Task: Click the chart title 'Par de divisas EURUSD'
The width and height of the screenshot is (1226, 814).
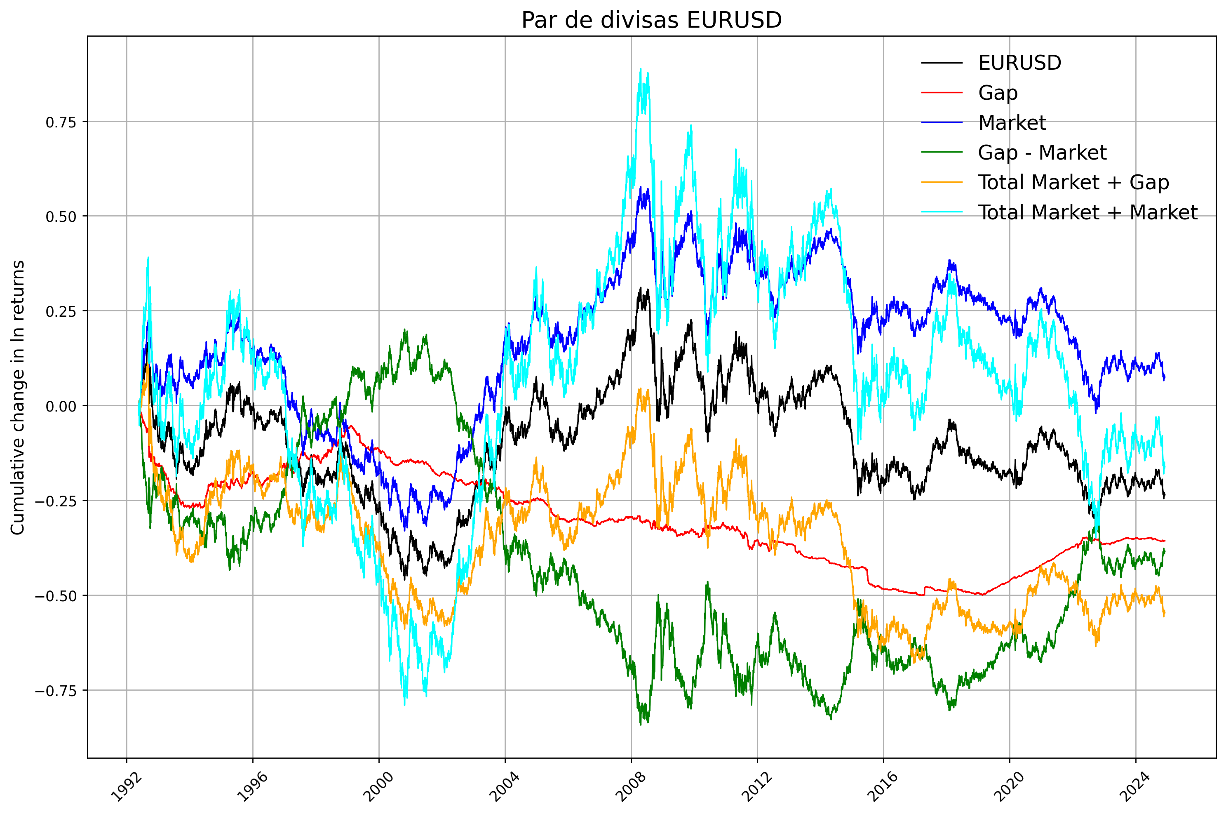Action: pos(651,20)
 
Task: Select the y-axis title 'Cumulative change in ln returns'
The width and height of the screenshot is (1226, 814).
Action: pos(18,397)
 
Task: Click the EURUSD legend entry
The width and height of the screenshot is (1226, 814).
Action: pos(1019,63)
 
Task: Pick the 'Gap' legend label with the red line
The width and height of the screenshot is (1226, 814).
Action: pos(997,93)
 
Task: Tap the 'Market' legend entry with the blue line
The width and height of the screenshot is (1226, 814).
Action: pos(1012,123)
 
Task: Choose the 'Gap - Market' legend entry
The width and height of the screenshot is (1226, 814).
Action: pos(1042,153)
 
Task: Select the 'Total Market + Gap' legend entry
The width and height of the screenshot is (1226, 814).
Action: pos(1073,182)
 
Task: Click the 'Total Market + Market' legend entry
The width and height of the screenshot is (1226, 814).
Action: pos(1087,212)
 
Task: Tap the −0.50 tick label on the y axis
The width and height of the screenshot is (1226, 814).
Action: pos(56,596)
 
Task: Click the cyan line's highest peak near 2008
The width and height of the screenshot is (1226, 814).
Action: pos(641,68)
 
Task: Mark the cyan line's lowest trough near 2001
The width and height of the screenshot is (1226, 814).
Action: pos(405,705)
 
